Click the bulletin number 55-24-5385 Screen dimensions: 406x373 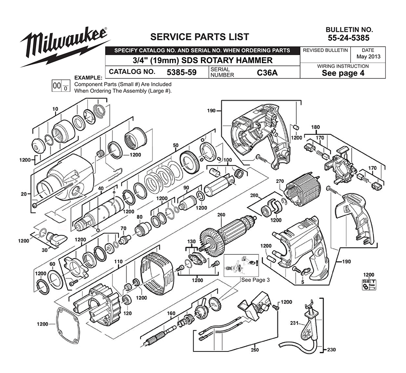pyautogui.click(x=348, y=38)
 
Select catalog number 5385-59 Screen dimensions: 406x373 pyautogui.click(x=181, y=72)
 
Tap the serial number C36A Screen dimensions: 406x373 pyautogui.click(x=267, y=73)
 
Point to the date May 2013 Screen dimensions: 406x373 pyautogui.click(x=368, y=56)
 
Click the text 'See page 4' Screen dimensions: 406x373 pyautogui.click(x=343, y=73)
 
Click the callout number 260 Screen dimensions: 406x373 pyautogui.click(x=221, y=215)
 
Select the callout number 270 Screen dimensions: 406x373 pyautogui.click(x=280, y=181)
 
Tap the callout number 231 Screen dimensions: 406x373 pyautogui.click(x=294, y=323)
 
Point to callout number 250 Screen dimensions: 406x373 pyautogui.click(x=255, y=350)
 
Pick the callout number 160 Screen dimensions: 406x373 pyautogui.click(x=171, y=313)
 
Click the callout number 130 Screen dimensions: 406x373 pyautogui.click(x=191, y=242)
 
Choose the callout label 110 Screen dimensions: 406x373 pyautogui.click(x=118, y=262)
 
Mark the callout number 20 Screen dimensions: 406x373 pyautogui.click(x=24, y=194)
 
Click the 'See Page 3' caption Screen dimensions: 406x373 pyautogui.click(x=255, y=280)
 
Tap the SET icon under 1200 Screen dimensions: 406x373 pyautogui.click(x=369, y=284)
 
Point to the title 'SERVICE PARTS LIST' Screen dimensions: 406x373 pyautogui.click(x=200, y=37)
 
